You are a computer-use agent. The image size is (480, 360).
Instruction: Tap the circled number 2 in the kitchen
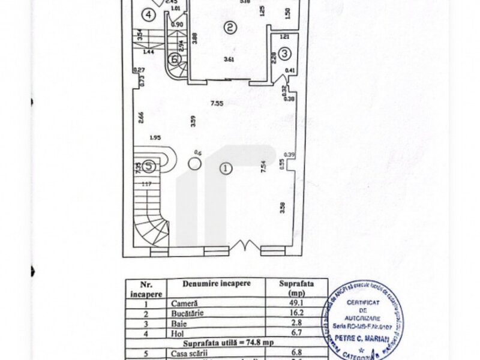[229, 26]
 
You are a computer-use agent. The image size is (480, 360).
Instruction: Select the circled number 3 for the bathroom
[285, 53]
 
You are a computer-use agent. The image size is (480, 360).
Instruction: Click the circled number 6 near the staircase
[175, 59]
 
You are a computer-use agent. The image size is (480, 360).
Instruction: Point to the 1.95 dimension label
[154, 138]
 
